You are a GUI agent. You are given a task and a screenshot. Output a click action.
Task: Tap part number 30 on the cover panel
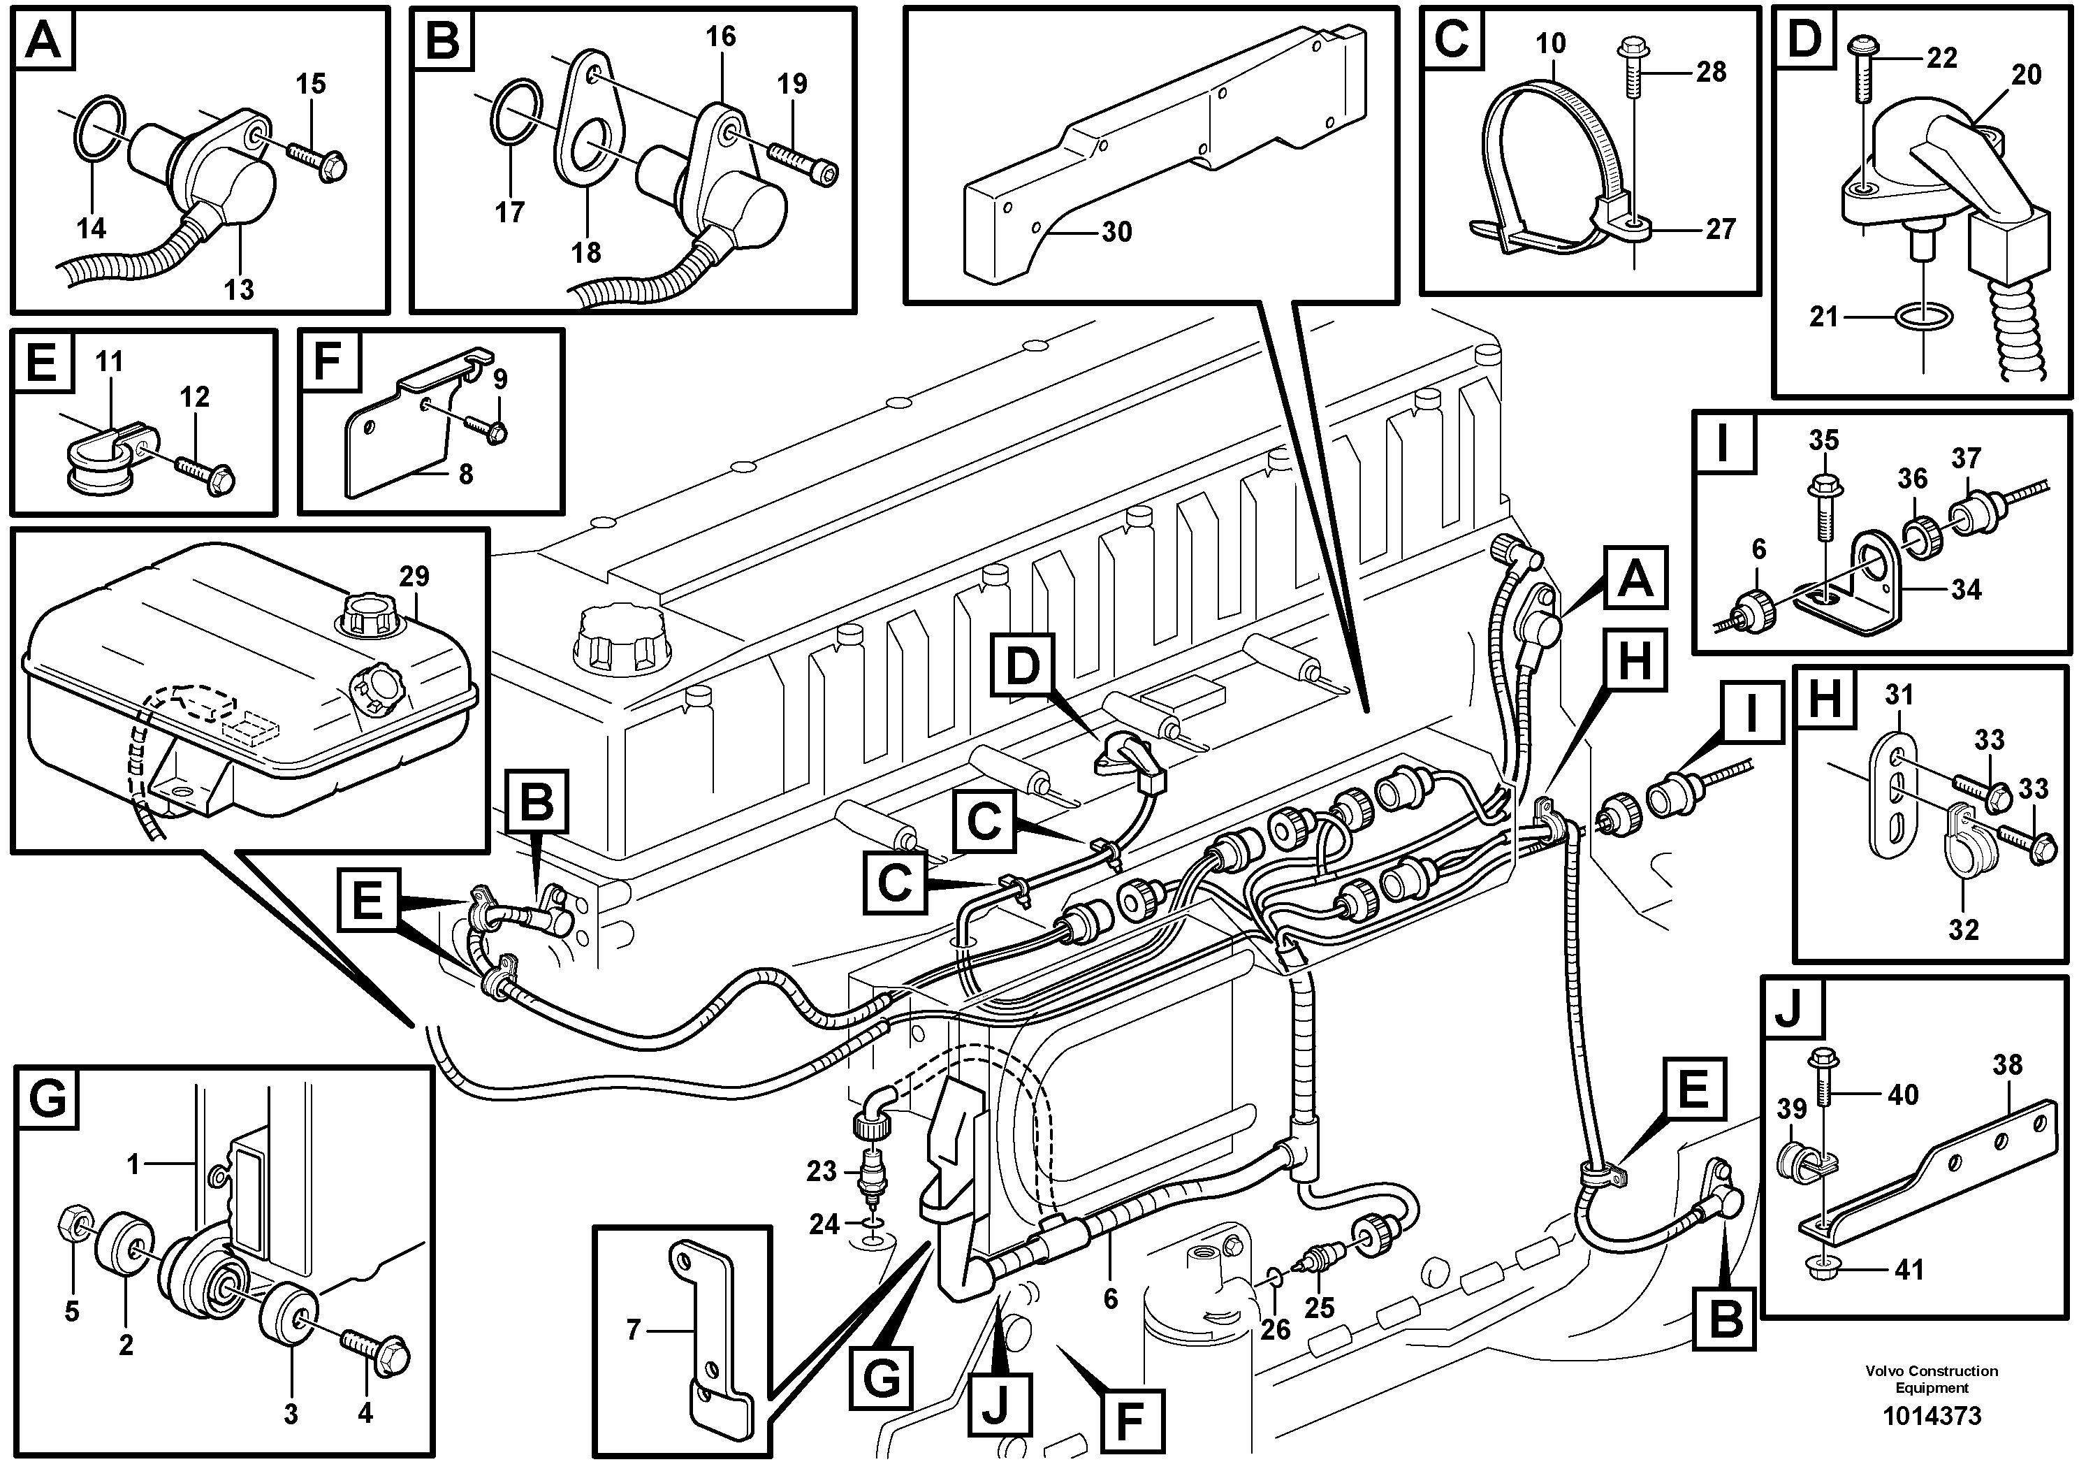[x=1116, y=232]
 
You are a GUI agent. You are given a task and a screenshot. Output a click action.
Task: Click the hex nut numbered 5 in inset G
[x=73, y=1228]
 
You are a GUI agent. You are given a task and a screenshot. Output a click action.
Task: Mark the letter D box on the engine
[x=1023, y=667]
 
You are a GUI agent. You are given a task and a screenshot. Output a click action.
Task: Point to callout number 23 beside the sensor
[x=822, y=1171]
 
